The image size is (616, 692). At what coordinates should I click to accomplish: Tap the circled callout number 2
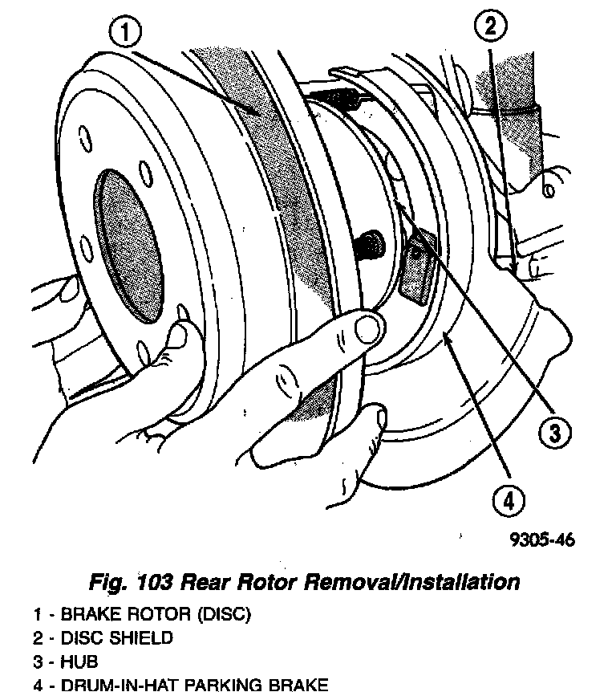tap(490, 27)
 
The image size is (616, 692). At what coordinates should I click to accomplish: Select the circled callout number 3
tap(554, 434)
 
